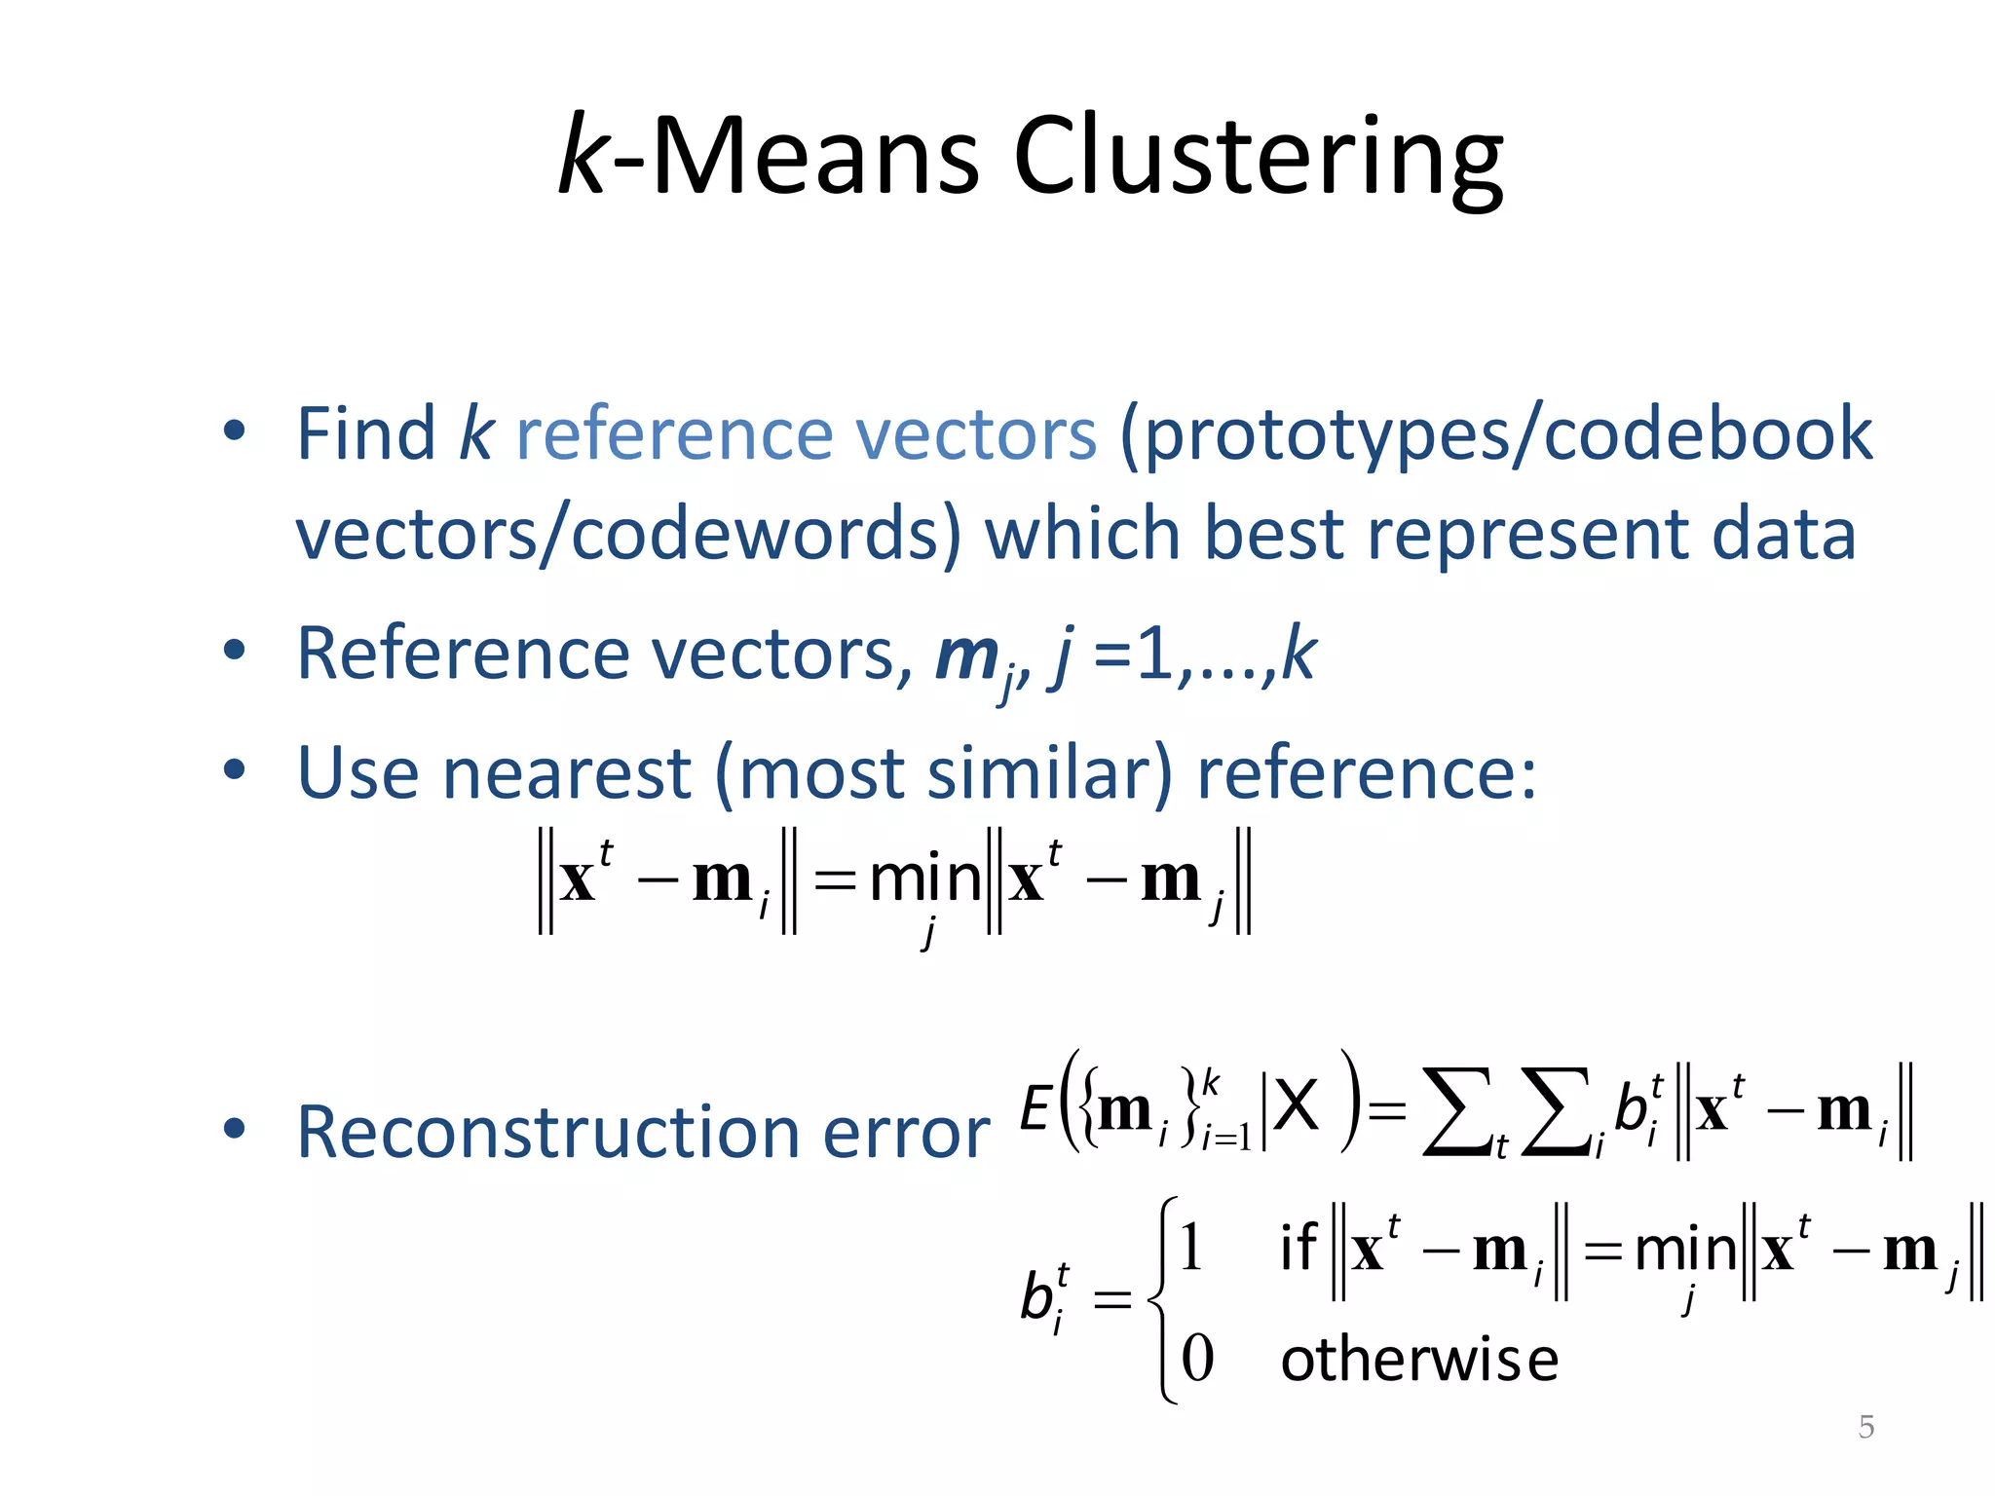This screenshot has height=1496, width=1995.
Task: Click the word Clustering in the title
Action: [x=1258, y=158]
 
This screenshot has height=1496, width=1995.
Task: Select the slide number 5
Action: [x=1865, y=1427]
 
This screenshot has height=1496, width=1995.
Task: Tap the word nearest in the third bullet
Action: [x=566, y=773]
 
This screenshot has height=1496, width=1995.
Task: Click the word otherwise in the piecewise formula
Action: [x=1419, y=1360]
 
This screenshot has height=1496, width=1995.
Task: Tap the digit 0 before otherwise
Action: [x=1197, y=1359]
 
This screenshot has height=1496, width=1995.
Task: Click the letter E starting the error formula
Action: [x=1035, y=1108]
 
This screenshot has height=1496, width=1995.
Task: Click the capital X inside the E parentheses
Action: [x=1297, y=1106]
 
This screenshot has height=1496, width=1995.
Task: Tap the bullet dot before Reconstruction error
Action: [x=234, y=1129]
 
